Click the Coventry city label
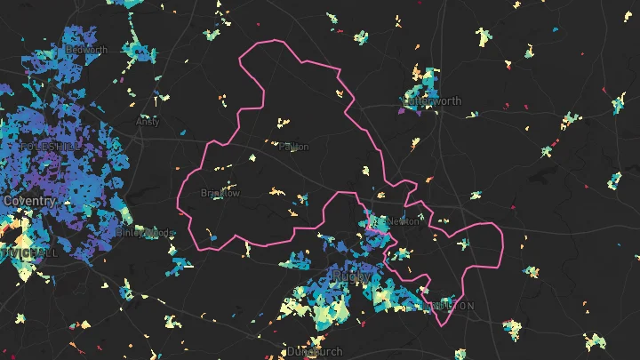point(29,201)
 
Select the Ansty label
point(147,122)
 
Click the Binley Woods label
point(144,233)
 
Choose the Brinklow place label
point(220,193)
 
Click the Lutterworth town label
point(433,101)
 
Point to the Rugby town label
point(351,278)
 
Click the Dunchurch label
point(315,352)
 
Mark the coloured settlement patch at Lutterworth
point(423,85)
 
